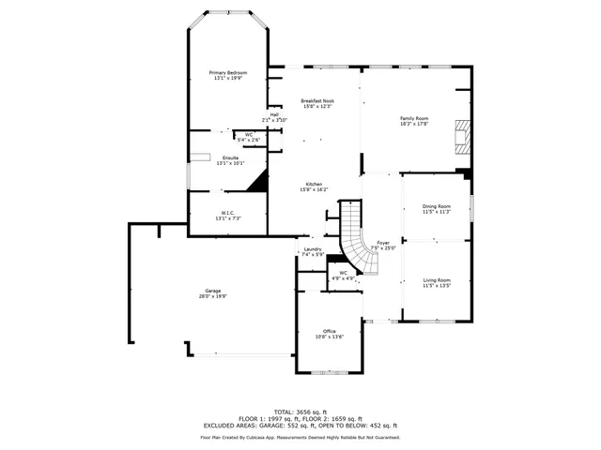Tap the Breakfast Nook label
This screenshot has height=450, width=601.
[317, 100]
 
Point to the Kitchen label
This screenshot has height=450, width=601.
[313, 183]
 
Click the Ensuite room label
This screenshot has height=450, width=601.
[230, 157]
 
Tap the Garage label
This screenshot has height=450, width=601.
[212, 291]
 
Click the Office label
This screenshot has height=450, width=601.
[329, 331]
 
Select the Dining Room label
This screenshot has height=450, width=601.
[437, 206]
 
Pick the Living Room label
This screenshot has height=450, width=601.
[437, 279]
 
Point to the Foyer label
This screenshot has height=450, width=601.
[383, 242]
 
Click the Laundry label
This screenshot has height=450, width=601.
[313, 249]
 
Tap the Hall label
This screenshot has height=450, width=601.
[274, 114]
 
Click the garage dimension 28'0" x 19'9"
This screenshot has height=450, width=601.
[212, 296]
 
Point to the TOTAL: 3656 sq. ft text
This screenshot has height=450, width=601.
[300, 412]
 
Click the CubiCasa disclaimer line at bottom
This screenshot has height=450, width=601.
[300, 437]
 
